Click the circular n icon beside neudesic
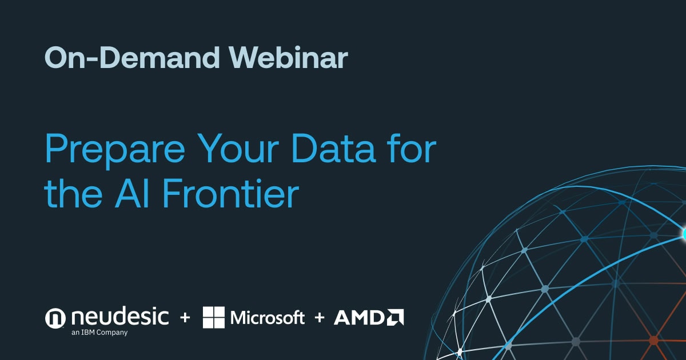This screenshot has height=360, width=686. (56, 318)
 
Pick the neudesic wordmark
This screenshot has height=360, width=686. (120, 316)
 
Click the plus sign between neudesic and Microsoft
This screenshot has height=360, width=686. (185, 318)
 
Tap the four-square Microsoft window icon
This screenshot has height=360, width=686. (214, 318)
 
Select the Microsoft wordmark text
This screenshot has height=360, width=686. (267, 318)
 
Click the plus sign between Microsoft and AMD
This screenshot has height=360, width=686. (319, 318)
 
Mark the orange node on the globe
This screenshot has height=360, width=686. (653, 341)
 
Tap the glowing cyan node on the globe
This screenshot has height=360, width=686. (684, 234)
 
